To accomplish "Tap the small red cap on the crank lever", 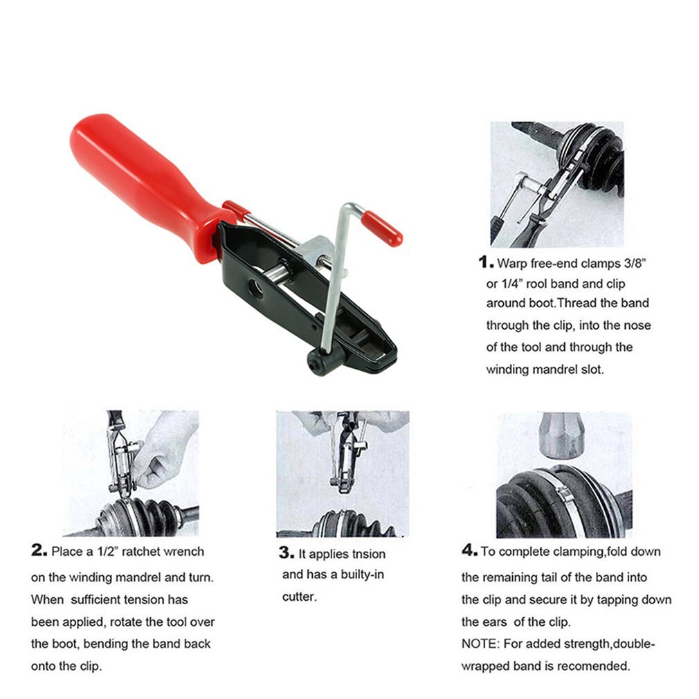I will tap(383, 229).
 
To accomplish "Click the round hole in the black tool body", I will tap(255, 289).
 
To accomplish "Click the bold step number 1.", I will tap(486, 262).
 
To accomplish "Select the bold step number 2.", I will tap(39, 551).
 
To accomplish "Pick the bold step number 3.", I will tap(286, 552).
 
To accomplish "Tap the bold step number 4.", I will tap(470, 551).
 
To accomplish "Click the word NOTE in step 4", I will tap(479, 644).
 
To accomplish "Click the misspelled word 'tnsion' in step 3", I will tap(367, 554).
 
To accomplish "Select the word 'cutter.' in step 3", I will tap(299, 597).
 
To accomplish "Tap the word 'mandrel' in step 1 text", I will tap(555, 370).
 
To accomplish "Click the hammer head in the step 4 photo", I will tap(562, 434).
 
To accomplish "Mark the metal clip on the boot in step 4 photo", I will tap(564, 493).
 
